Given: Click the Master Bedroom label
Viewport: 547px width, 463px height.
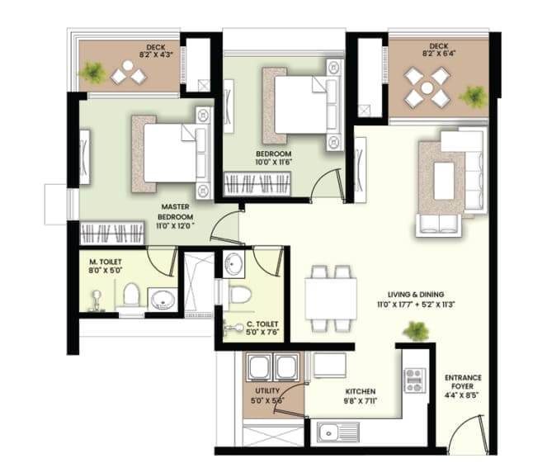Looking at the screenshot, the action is [x=176, y=212].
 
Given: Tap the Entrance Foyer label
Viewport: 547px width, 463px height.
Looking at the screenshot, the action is [x=463, y=382].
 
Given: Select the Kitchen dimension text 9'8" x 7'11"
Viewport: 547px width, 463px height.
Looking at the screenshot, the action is [x=361, y=401].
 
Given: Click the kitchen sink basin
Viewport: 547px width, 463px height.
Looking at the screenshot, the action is [x=328, y=432].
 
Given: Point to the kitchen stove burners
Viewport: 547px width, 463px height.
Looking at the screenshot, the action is [x=414, y=380].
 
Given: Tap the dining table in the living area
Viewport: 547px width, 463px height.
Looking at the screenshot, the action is [x=331, y=298].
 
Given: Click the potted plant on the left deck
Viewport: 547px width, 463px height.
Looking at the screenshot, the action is [x=92, y=73].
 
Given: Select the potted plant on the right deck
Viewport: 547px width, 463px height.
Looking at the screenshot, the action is [x=474, y=97].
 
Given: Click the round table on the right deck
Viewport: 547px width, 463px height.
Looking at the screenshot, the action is [x=427, y=88].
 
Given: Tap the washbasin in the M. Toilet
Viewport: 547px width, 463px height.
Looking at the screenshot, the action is [x=163, y=300].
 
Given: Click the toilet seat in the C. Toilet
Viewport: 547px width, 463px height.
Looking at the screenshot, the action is [x=240, y=294].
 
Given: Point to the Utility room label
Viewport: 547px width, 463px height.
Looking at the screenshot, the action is [x=267, y=390].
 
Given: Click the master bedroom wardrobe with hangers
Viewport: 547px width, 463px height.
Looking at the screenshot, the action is [x=112, y=233].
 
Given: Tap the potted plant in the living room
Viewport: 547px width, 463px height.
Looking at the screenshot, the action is [x=416, y=331].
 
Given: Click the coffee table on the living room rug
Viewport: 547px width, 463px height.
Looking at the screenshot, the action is [x=444, y=181].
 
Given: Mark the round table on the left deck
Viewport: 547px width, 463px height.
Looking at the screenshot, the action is [x=128, y=65].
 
